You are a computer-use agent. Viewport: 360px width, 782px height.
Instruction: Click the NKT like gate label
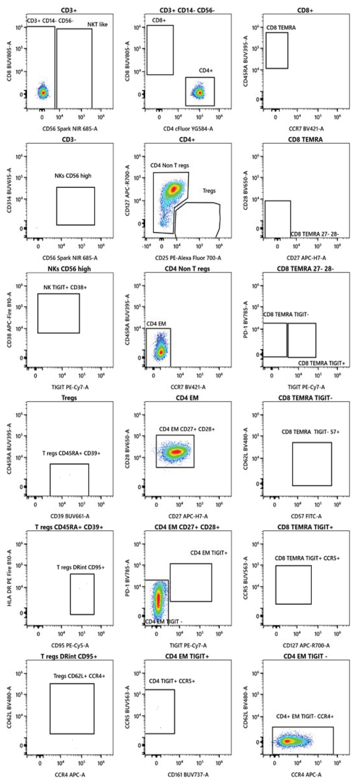pyautogui.click(x=97, y=25)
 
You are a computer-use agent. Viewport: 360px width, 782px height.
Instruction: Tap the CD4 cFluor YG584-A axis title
pyautogui.click(x=188, y=129)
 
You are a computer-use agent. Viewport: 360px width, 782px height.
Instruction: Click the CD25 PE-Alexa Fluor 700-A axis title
pyautogui.click(x=188, y=258)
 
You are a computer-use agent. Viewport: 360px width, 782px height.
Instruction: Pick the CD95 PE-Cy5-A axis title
pyautogui.click(x=70, y=645)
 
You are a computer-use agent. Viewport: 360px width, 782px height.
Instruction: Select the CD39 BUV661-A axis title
pyautogui.click(x=70, y=516)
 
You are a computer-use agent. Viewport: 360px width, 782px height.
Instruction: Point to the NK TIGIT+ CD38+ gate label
pyautogui.click(x=65, y=287)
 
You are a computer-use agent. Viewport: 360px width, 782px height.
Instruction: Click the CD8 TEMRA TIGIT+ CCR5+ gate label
pyautogui.click(x=307, y=558)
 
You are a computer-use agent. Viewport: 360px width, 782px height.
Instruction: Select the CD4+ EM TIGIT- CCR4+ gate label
pyautogui.click(x=305, y=717)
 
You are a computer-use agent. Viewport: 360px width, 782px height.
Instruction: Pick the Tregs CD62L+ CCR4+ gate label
pyautogui.click(x=79, y=676)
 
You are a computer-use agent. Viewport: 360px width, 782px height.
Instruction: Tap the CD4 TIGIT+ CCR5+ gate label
pyautogui.click(x=172, y=681)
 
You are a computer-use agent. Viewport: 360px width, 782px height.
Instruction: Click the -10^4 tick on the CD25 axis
pyautogui.click(x=146, y=246)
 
